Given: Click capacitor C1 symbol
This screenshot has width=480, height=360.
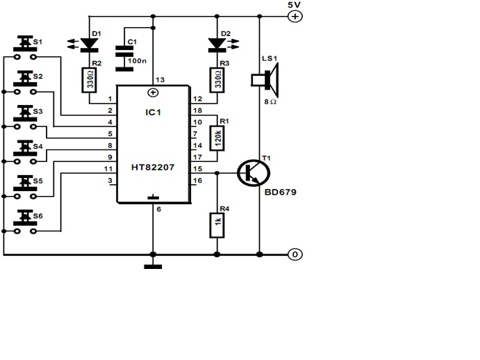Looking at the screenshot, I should tap(125, 49).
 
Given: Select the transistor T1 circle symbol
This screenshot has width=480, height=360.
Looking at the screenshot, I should tap(251, 172).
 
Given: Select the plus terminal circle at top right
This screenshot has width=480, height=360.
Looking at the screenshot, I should tap(295, 17).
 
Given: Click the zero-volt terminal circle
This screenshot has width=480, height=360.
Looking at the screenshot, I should tap(295, 254).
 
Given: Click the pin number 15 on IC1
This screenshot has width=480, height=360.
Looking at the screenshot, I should tap(197, 169).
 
